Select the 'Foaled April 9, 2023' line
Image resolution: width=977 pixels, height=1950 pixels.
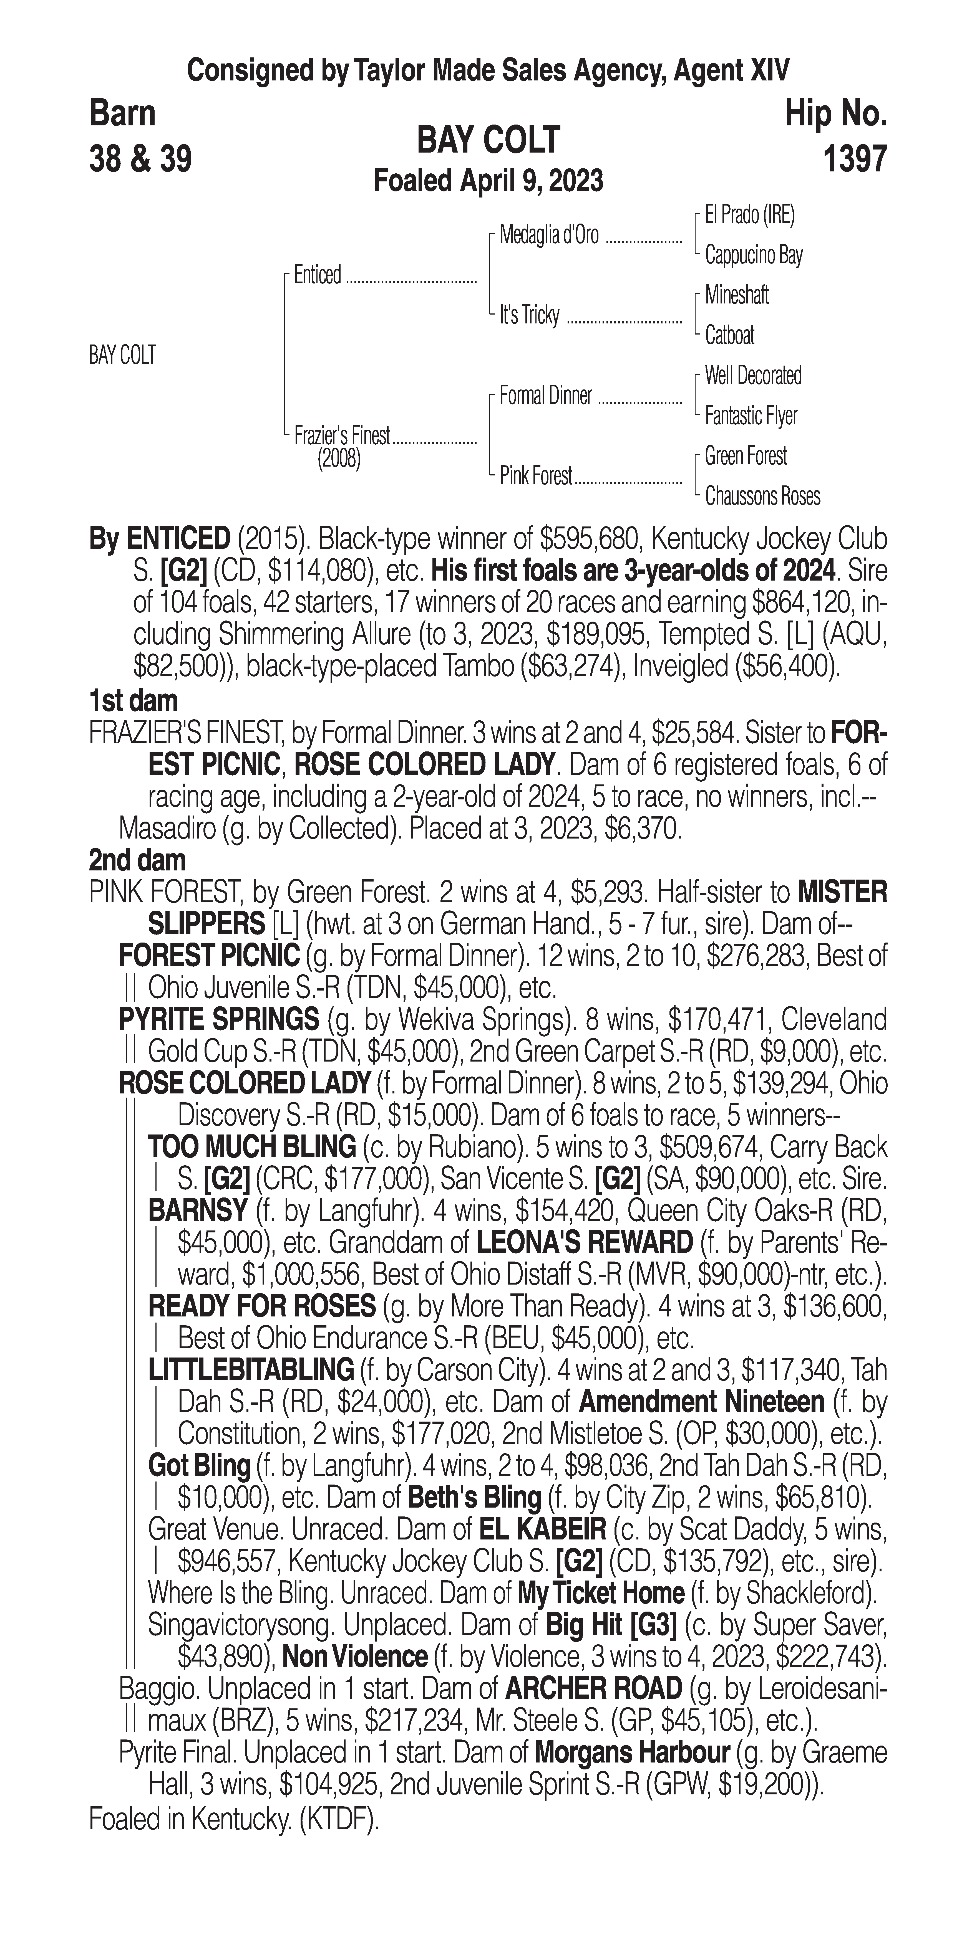pyautogui.click(x=488, y=181)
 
